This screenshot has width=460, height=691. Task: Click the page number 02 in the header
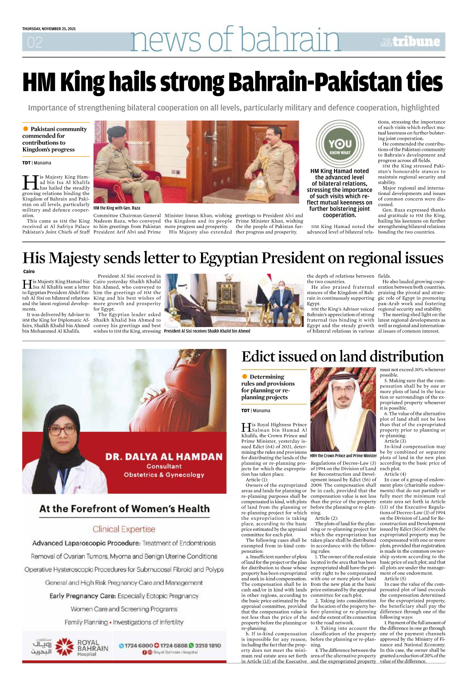35,42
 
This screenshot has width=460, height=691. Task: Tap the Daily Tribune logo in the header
410,42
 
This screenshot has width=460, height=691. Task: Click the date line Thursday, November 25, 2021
49,29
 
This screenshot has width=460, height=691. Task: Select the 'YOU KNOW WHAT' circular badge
340,144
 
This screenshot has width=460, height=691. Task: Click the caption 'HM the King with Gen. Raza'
117,208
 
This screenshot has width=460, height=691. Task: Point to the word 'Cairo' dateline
29,271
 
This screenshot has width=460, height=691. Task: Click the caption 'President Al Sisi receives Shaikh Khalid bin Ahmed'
207,331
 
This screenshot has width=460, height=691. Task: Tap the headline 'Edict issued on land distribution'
342,356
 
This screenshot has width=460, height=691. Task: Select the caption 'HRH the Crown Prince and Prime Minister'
343,456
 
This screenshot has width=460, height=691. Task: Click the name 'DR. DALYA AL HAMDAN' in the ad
164,457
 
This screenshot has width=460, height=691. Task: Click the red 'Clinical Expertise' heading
124,529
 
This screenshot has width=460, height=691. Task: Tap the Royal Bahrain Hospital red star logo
64,647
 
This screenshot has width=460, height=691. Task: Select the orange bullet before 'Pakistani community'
26,129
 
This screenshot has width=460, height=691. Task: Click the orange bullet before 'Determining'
244,377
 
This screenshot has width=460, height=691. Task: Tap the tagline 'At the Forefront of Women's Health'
124,509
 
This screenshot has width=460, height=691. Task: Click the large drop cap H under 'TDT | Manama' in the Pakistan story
30,182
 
